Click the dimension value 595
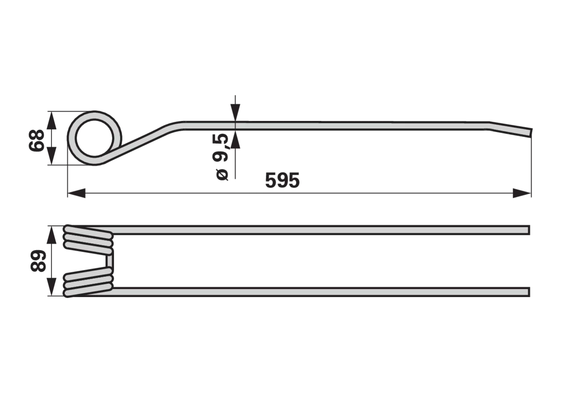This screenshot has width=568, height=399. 282,180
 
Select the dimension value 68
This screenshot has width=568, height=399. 37,141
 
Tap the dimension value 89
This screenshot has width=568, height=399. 38,261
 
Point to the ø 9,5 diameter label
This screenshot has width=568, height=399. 220,157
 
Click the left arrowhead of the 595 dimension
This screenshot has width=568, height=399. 77,193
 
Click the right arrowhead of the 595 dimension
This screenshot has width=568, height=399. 522,193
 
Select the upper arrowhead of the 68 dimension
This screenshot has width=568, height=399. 51,120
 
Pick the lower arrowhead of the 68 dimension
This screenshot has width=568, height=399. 51,156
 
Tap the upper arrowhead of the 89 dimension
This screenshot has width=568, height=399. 51,235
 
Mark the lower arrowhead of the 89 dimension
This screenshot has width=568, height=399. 51,286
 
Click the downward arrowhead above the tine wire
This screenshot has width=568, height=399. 235,113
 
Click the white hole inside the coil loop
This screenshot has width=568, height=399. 94,138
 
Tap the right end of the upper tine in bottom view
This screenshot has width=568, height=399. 529,230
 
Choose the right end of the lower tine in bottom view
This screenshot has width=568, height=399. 529,292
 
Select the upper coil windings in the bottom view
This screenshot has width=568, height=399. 88,240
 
